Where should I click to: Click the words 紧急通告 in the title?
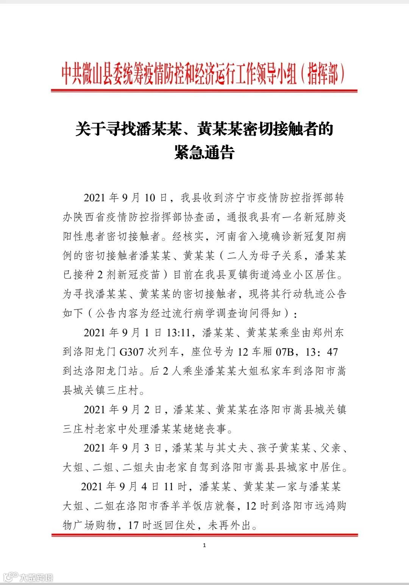pyautogui.click(x=204, y=152)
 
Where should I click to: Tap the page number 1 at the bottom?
pyautogui.click(x=204, y=545)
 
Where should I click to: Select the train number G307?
pyautogui.click(x=132, y=352)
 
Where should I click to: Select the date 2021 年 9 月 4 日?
pyautogui.click(x=120, y=487)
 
